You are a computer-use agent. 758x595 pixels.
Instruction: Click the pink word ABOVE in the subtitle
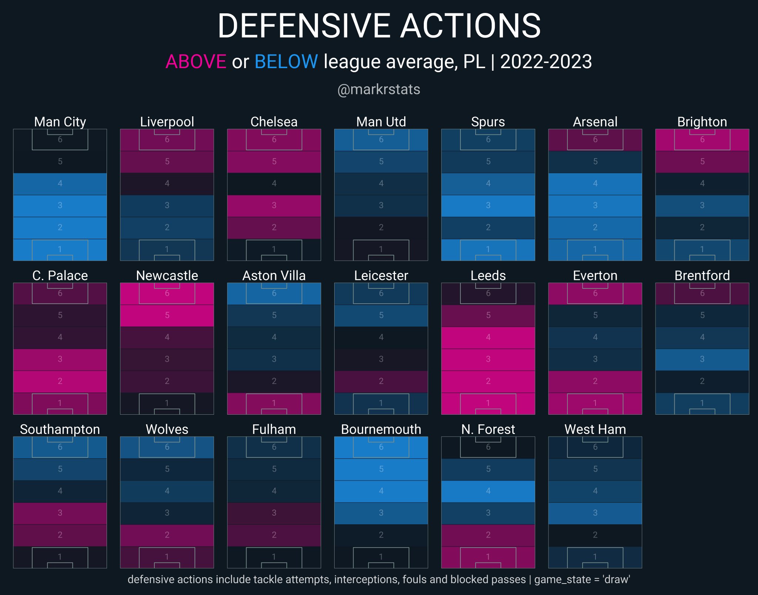(196, 61)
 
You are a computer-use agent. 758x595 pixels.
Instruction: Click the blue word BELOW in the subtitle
(286, 61)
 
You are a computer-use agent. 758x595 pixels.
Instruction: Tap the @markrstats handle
(379, 89)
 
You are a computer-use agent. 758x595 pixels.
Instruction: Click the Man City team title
(60, 121)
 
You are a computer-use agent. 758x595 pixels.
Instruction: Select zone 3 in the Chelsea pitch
(274, 205)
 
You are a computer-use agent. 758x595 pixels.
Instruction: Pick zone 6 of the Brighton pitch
(702, 140)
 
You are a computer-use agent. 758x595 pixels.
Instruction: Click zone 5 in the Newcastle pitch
(167, 315)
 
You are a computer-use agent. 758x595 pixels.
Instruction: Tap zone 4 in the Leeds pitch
(488, 337)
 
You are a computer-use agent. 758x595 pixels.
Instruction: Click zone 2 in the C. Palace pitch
(60, 381)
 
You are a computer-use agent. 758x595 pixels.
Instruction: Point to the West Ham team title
(595, 429)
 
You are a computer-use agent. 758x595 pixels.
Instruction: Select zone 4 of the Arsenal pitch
(595, 183)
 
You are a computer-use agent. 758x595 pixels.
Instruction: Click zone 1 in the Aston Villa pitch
(274, 403)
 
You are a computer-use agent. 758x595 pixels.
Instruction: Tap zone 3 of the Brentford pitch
(702, 359)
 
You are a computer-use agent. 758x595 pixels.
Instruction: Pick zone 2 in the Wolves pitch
(167, 535)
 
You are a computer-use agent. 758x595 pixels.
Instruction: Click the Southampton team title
(60, 429)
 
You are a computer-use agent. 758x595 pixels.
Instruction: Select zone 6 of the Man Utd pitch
(381, 140)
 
